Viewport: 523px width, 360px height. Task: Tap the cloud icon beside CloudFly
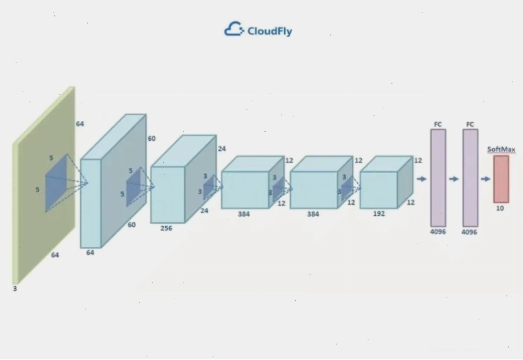click(234, 29)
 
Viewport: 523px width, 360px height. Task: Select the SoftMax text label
click(501, 149)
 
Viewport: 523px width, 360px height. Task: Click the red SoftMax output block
click(501, 179)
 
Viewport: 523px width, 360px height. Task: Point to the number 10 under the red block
click(500, 208)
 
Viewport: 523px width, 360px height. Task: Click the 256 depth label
click(166, 228)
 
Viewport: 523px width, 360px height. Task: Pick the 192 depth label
click(379, 213)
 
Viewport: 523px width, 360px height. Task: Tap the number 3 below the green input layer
click(14, 289)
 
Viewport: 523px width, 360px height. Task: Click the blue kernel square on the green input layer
click(56, 183)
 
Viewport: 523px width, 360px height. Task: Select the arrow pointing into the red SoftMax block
click(486, 179)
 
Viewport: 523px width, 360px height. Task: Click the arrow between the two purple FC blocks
click(454, 179)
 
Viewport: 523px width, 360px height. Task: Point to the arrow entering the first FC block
click(422, 179)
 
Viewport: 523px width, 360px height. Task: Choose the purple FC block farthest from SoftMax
click(438, 178)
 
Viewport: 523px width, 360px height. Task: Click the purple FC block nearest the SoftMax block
click(470, 178)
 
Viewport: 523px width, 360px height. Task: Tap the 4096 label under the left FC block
click(438, 232)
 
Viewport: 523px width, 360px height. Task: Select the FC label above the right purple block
click(470, 124)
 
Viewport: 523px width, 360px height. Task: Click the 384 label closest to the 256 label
click(243, 214)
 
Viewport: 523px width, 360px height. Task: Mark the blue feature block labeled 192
click(386, 182)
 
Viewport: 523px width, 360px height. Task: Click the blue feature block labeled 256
click(184, 179)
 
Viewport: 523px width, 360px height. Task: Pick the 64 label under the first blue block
click(90, 253)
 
